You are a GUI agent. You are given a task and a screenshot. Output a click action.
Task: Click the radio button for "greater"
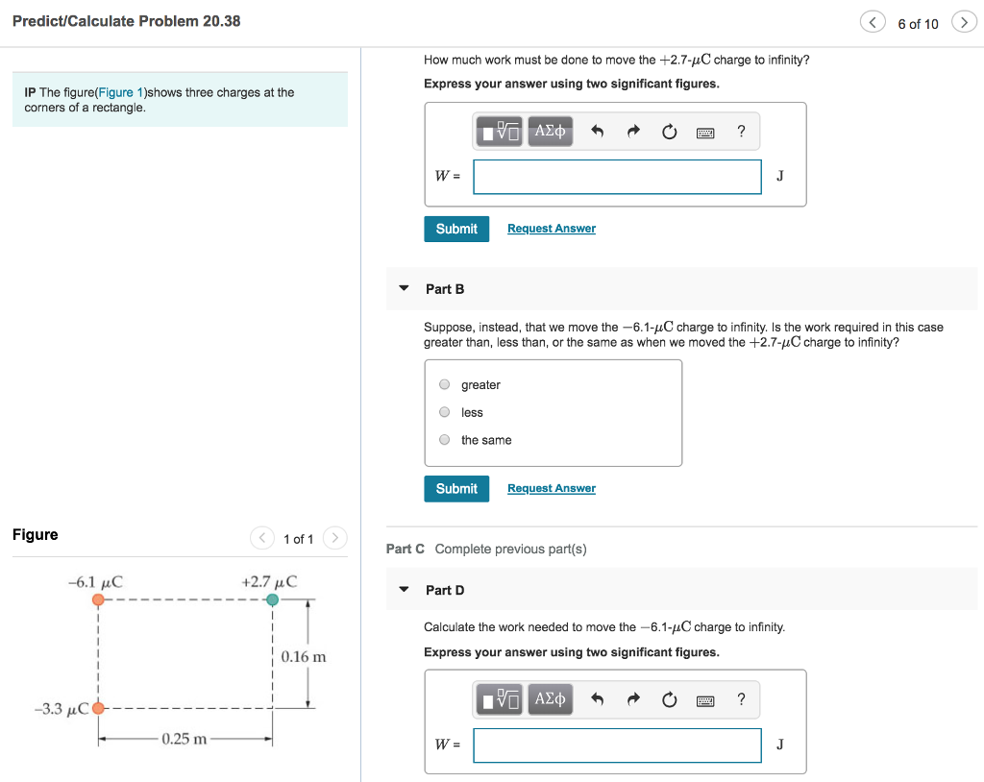pyautogui.click(x=444, y=385)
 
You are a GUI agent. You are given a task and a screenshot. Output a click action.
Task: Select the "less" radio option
pyautogui.click(x=444, y=413)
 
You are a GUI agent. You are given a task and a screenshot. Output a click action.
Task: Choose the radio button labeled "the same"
pyautogui.click(x=444, y=440)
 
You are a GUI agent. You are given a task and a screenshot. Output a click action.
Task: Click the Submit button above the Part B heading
pyautogui.click(x=456, y=229)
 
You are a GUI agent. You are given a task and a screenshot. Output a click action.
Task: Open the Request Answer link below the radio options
pyautogui.click(x=551, y=488)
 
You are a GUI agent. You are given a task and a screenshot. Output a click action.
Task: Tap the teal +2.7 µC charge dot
pyautogui.click(x=273, y=599)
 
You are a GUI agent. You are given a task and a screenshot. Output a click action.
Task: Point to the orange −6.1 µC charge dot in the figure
pyautogui.click(x=98, y=599)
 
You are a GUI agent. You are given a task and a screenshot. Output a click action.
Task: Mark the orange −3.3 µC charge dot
pyautogui.click(x=98, y=710)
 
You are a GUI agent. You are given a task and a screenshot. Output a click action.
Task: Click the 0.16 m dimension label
pyautogui.click(x=304, y=657)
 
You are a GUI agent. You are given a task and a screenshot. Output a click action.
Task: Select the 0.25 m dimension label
pyautogui.click(x=184, y=739)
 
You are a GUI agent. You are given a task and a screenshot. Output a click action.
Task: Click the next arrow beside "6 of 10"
pyautogui.click(x=963, y=23)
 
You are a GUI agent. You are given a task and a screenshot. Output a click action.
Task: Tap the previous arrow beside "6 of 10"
pyautogui.click(x=873, y=23)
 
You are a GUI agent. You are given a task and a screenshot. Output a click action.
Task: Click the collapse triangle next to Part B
pyautogui.click(x=404, y=288)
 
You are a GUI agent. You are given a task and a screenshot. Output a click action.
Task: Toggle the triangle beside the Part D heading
pyautogui.click(x=404, y=590)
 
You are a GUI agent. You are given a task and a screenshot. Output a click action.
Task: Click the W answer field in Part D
pyautogui.click(x=617, y=745)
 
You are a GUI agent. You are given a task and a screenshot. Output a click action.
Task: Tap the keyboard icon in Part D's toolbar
pyautogui.click(x=705, y=700)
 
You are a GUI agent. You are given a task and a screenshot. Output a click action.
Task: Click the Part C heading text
pyautogui.click(x=405, y=549)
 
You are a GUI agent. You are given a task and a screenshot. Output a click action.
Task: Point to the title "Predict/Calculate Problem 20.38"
pyautogui.click(x=126, y=21)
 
